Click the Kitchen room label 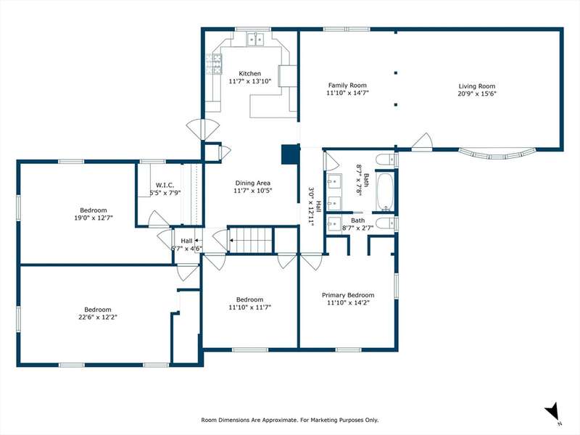[249, 74]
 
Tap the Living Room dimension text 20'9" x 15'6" [477, 94]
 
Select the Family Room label [347, 86]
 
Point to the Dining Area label [252, 183]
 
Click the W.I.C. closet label [165, 185]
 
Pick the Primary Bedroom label [348, 295]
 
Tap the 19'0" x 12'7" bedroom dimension [94, 218]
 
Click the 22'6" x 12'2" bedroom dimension [98, 317]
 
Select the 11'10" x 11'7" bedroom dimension [250, 307]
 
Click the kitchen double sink [256, 39]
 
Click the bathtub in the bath [385, 192]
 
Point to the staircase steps [251, 240]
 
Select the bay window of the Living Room [497, 153]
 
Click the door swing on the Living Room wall [423, 141]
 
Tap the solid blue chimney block [291, 154]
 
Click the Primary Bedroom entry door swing [311, 262]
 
